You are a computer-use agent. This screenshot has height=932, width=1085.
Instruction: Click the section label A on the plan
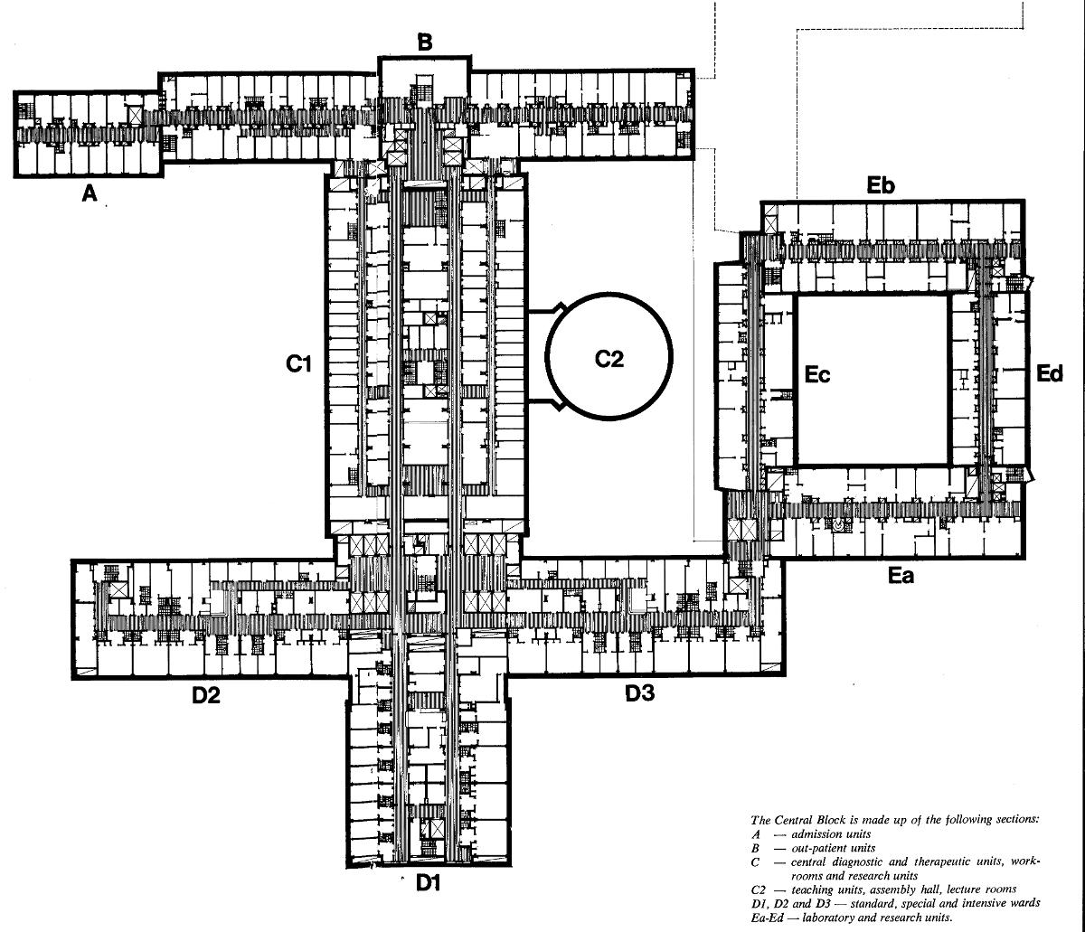coord(89,193)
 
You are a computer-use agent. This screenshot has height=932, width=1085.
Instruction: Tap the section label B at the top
coord(425,42)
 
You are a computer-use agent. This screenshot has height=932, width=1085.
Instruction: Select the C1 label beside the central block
coord(299,364)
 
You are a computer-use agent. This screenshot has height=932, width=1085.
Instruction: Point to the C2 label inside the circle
coord(609,359)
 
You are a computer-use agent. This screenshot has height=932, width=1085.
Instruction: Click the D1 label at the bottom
coord(428,883)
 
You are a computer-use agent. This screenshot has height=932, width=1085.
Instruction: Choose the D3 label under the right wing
coord(640,694)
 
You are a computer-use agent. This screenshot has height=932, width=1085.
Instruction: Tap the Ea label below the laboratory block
coord(901,575)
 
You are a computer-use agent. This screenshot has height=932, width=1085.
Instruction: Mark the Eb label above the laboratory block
coord(880,186)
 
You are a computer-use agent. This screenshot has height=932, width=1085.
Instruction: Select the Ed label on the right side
coord(1049,373)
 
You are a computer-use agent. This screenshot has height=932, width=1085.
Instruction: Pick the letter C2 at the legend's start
coord(759,890)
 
